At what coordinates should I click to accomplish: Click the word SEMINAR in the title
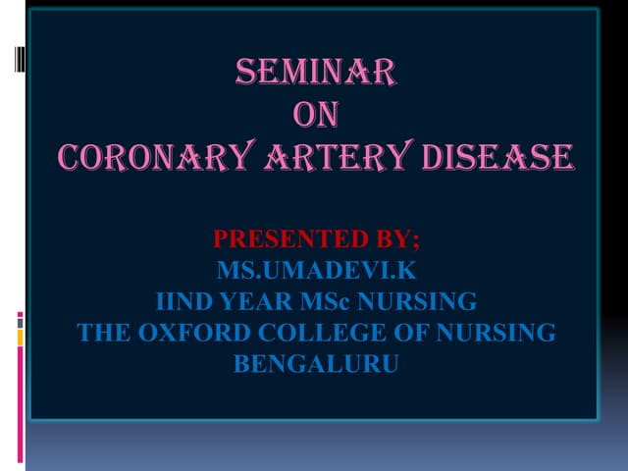[316, 73]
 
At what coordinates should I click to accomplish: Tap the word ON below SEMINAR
[316, 115]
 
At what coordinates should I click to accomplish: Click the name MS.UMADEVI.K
[316, 270]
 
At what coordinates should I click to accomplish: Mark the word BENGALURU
[316, 364]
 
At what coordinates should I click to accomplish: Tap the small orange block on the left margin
[20, 338]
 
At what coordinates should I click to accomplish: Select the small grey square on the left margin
[20, 321]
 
